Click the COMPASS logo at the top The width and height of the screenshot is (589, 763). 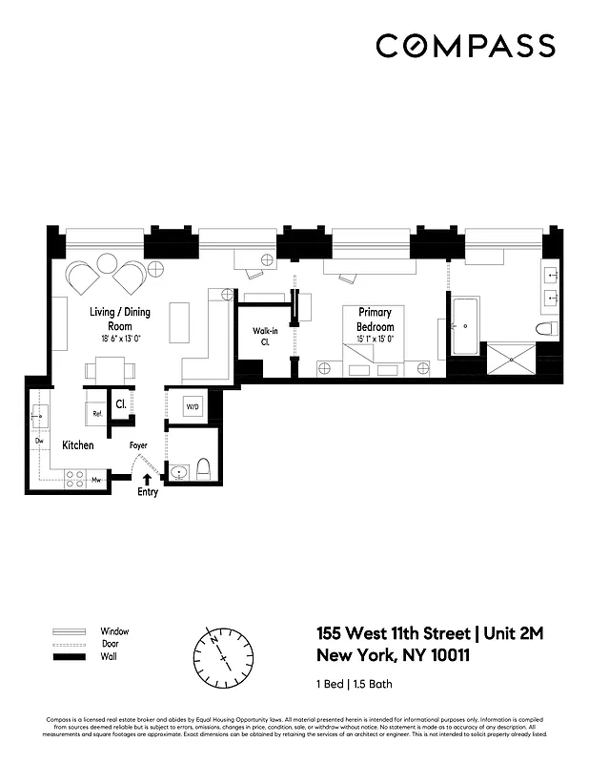tap(465, 46)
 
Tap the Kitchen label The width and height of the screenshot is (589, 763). tap(78, 445)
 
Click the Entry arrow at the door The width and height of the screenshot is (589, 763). tap(146, 481)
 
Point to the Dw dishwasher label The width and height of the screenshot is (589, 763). tap(40, 442)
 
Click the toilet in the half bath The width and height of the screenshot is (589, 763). tap(203, 469)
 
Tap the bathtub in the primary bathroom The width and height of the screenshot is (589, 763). tap(466, 327)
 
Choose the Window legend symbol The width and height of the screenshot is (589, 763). tap(71, 631)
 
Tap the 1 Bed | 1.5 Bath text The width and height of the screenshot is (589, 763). tap(354, 684)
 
